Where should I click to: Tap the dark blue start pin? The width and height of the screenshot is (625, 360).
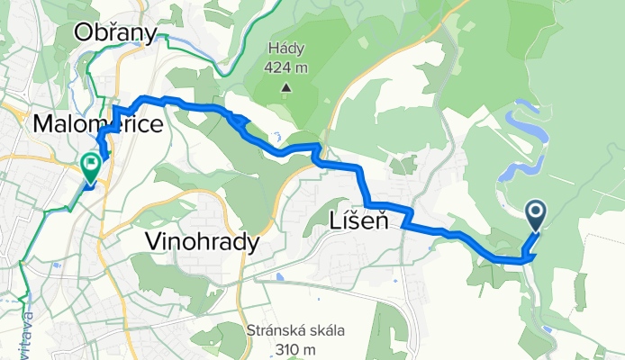[536, 213]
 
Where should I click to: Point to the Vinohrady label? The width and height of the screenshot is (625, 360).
[202, 241]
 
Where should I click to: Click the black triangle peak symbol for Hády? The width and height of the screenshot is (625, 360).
[285, 88]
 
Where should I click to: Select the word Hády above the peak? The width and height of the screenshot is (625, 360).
[286, 49]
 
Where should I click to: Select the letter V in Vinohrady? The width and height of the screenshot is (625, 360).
[152, 241]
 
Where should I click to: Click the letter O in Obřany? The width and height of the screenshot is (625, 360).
[86, 33]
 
